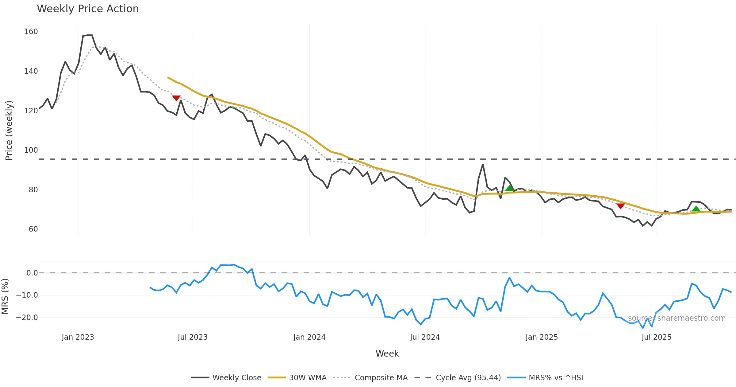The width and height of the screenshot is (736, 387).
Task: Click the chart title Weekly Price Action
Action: point(88,9)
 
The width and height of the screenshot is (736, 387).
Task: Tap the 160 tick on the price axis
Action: point(31,32)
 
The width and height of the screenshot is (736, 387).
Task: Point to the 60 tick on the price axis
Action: point(33,229)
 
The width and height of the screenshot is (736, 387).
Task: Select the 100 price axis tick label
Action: point(31,150)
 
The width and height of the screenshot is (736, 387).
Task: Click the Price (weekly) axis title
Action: point(9,131)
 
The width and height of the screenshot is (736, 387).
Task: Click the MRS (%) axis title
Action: point(5,296)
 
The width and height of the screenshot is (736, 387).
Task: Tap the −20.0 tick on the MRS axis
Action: point(27,318)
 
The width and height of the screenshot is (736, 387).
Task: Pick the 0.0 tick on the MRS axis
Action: point(32,273)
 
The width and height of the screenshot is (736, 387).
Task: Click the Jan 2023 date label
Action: point(78,337)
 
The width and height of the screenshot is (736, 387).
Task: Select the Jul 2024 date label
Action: point(425,337)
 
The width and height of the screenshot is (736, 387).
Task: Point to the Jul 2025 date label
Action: point(656,337)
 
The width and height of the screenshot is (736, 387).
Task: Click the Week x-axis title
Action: point(387,354)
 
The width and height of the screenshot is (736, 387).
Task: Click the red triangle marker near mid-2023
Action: point(176,98)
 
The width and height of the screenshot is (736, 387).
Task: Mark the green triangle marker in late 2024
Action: point(509,188)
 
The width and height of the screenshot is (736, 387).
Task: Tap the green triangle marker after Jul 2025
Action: point(696,209)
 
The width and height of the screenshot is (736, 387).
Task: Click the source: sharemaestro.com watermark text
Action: point(677,318)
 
